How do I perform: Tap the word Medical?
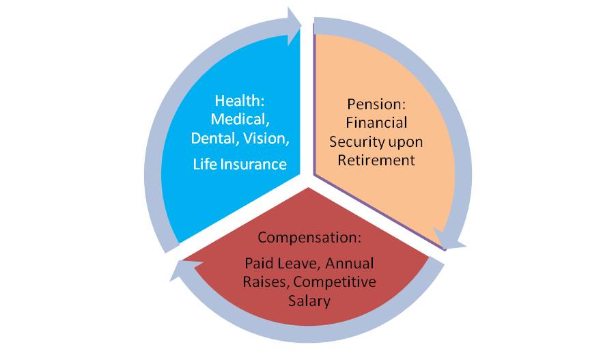pos(240,119)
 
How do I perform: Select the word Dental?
pos(214,139)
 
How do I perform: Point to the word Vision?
pos(266,139)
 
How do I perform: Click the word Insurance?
pos(253,164)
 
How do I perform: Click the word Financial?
pos(376,123)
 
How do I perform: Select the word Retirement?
pos(376,161)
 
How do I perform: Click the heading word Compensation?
pos(309,237)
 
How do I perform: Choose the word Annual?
pos(349,263)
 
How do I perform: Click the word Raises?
pos(266,282)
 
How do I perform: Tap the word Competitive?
pos(335,282)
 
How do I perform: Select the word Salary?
pos(309,301)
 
